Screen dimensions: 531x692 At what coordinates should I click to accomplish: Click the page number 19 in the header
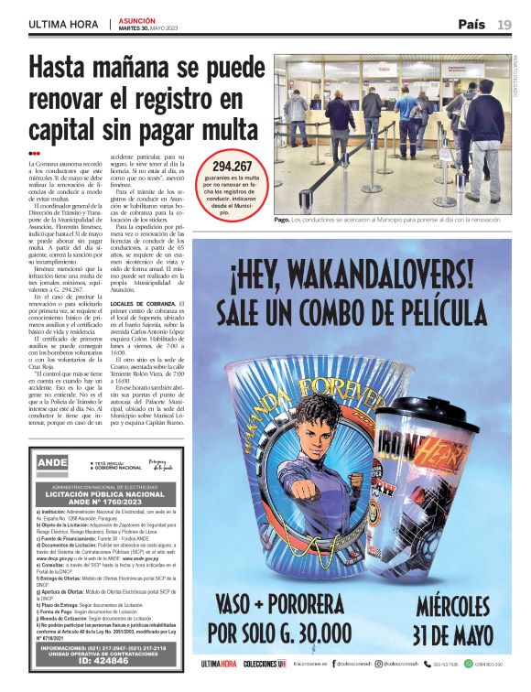(504, 24)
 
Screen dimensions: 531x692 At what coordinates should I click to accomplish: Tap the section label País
(471, 24)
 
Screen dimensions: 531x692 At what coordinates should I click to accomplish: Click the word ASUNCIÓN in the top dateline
(137, 20)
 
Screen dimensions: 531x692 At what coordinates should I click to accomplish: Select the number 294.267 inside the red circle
(232, 167)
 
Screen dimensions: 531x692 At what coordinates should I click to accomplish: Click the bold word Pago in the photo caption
(282, 221)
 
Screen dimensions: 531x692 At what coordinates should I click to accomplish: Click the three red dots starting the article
(34, 154)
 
